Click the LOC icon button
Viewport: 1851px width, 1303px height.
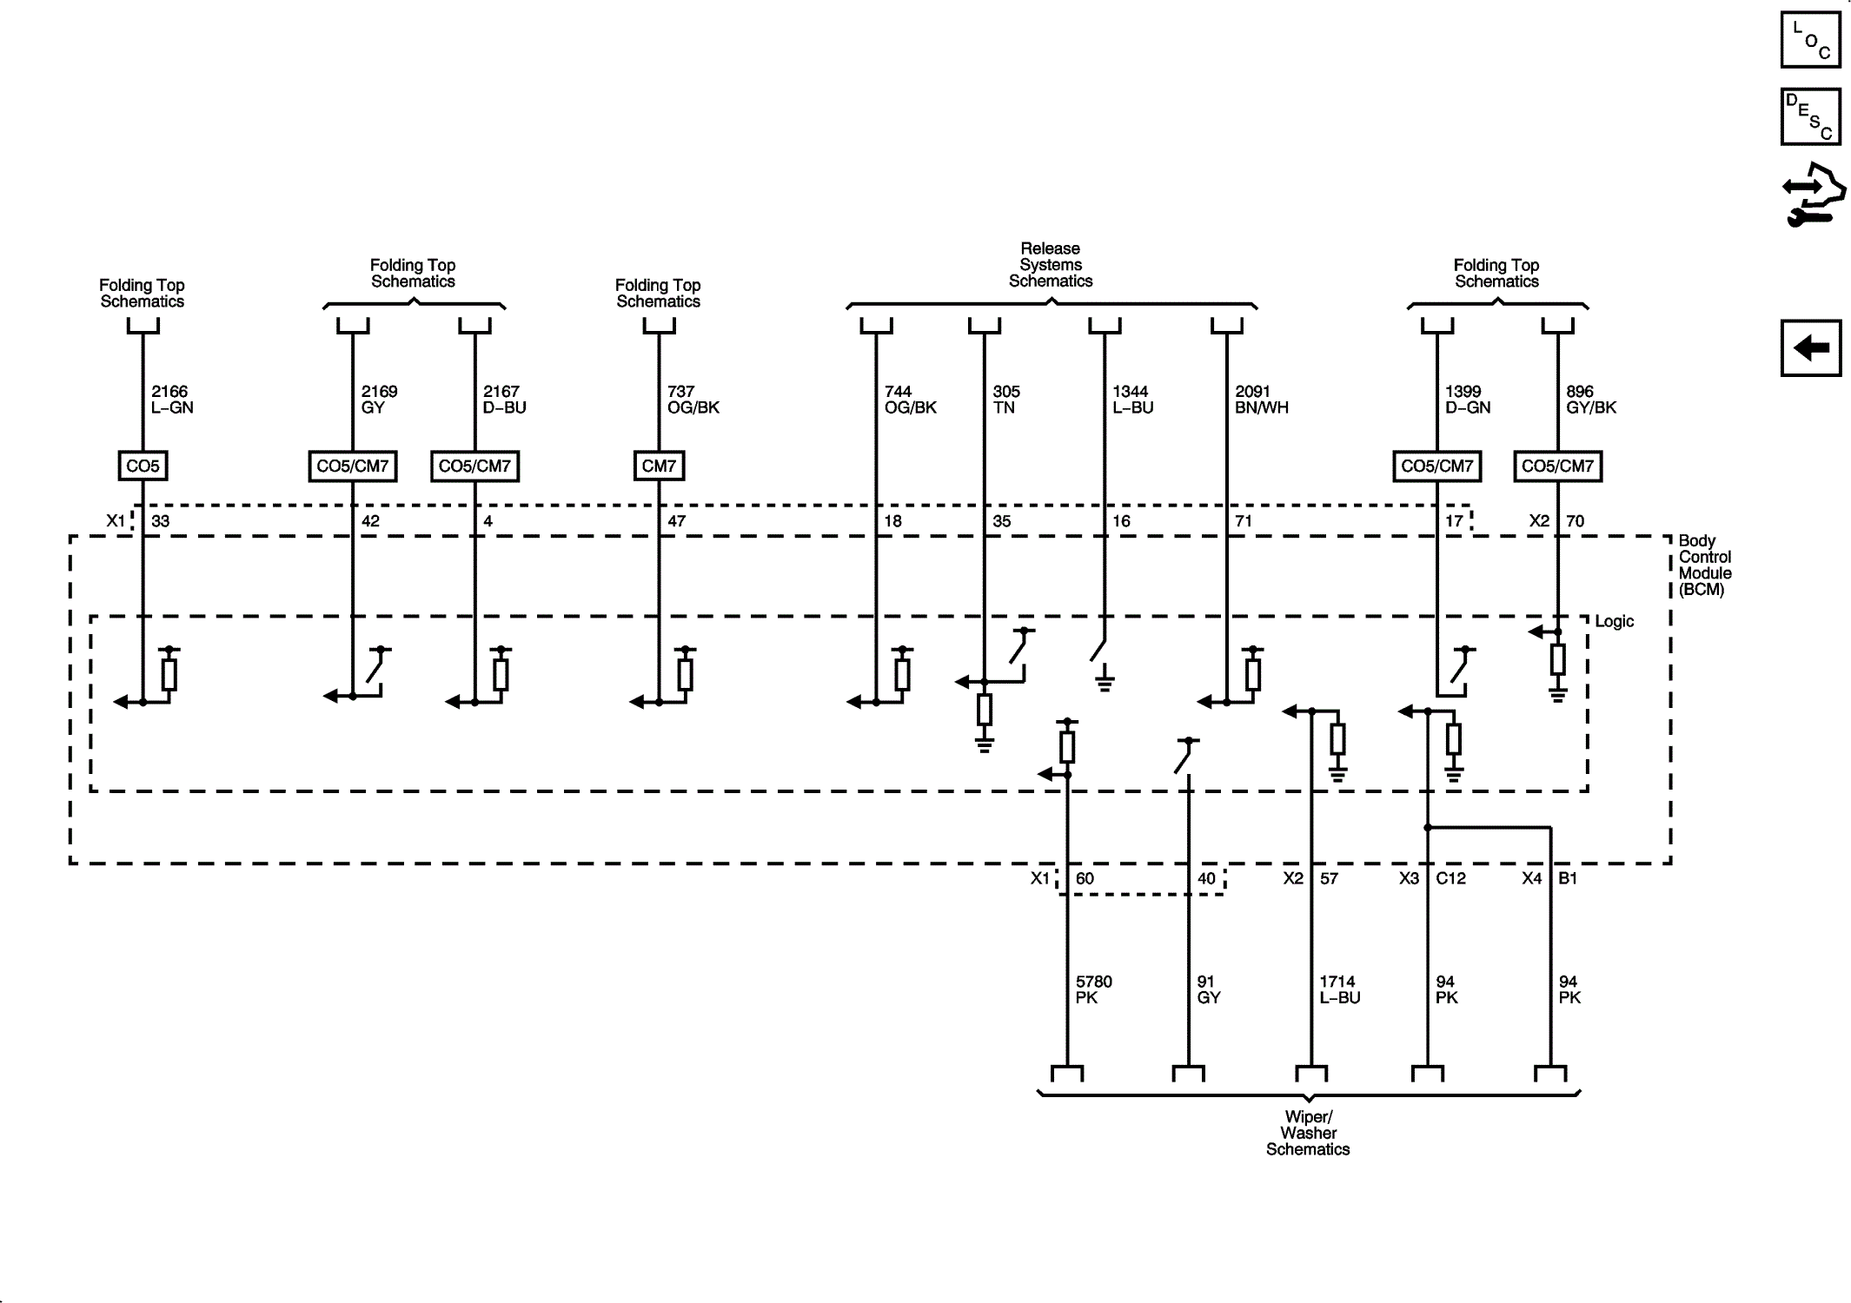tap(1810, 40)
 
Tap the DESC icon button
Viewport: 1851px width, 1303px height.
tap(1810, 116)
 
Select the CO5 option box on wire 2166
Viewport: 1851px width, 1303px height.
tap(143, 466)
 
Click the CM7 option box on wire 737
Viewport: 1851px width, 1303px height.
tap(659, 466)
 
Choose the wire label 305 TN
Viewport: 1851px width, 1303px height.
tap(1006, 400)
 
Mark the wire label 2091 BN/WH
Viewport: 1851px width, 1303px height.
tap(1261, 400)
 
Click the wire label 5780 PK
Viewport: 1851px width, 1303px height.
tap(1093, 989)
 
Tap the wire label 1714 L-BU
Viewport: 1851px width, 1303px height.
tap(1339, 989)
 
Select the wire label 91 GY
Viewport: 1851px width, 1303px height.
tap(1208, 989)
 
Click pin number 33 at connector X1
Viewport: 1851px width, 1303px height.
tap(161, 521)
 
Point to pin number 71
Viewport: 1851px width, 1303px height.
tap(1244, 521)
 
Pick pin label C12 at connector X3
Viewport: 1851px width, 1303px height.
tap(1450, 878)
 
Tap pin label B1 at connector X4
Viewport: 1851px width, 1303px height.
tap(1568, 878)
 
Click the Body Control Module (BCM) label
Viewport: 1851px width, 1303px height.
tap(1704, 565)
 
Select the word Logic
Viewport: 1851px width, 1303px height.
tap(1614, 621)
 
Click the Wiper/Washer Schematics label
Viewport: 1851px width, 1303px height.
tap(1308, 1133)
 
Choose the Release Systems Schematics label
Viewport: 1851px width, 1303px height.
tap(1051, 265)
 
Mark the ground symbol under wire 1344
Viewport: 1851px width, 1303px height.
tap(1105, 680)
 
